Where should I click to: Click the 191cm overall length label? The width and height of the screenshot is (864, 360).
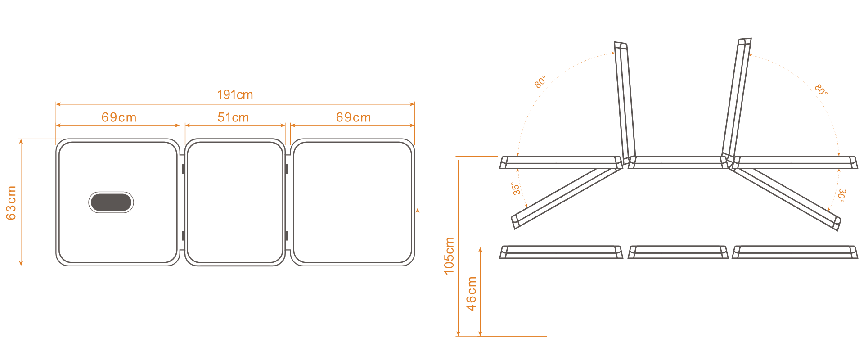235,95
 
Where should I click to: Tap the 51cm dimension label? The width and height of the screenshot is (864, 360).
233,117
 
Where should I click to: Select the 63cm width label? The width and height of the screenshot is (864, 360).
11,203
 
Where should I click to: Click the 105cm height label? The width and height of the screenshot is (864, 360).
449,256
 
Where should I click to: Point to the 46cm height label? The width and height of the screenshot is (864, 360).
471,293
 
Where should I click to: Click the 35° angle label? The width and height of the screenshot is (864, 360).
516,189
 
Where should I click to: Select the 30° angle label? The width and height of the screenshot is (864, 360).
841,195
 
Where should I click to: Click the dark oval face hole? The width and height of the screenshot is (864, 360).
111,202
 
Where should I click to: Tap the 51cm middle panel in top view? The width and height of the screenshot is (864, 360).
235,202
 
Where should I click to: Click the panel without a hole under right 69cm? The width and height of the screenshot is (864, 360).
352,202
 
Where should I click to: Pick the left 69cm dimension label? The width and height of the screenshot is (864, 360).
119,117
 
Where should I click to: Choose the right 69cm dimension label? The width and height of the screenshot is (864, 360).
353,117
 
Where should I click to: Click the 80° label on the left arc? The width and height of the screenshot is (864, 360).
540,81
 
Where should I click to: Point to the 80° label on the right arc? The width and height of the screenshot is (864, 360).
821,90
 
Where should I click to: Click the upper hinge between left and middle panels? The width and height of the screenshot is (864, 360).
183,169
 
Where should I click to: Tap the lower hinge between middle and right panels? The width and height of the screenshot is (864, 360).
287,235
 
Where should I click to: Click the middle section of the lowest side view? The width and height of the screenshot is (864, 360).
678,252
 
